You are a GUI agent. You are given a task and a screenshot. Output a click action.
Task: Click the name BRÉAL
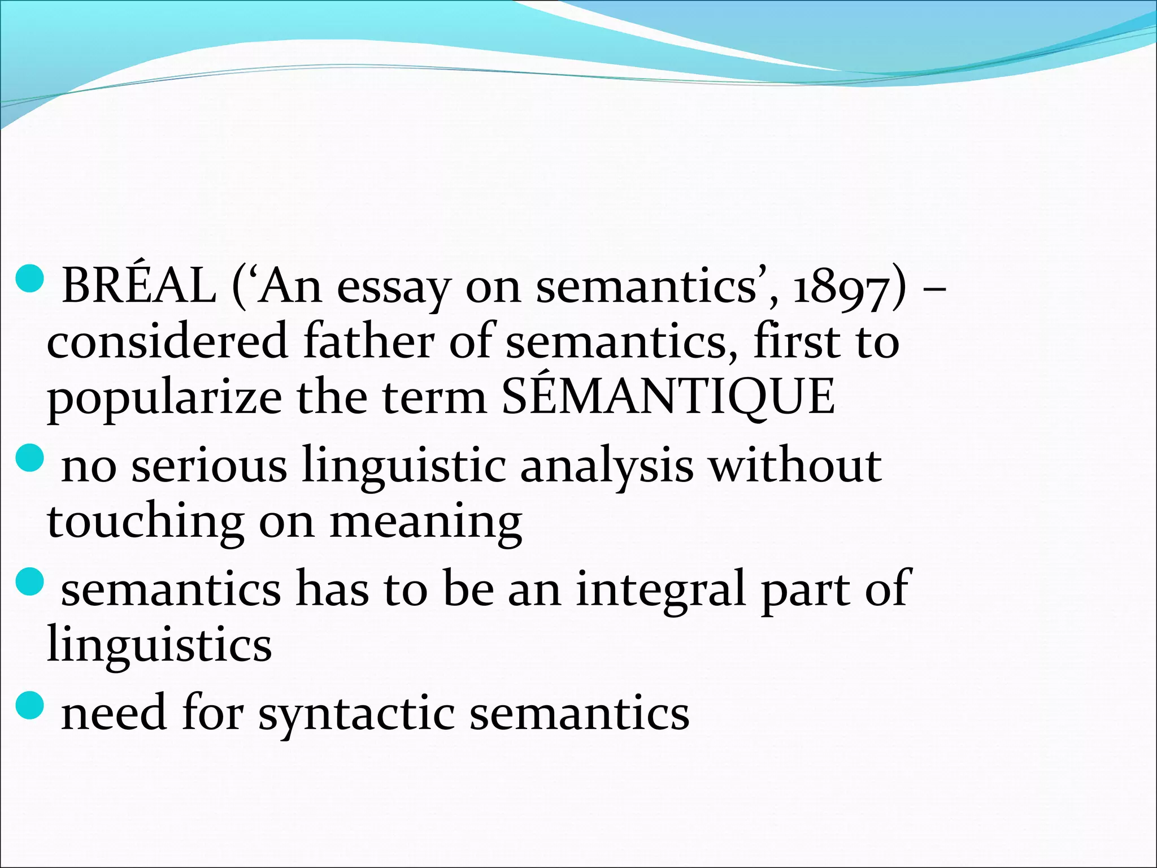pyautogui.click(x=139, y=286)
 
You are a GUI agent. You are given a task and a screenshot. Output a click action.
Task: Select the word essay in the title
pyautogui.click(x=393, y=288)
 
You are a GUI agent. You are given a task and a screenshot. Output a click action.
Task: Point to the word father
pyautogui.click(x=368, y=341)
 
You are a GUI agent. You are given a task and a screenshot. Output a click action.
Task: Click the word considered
pyautogui.click(x=167, y=341)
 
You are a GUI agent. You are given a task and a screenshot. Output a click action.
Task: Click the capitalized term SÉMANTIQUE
pyautogui.click(x=668, y=396)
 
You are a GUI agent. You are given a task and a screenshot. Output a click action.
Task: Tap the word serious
pyautogui.click(x=209, y=466)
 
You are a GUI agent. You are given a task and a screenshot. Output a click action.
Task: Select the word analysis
pyautogui.click(x=606, y=467)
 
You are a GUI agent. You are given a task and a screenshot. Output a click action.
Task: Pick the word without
pyautogui.click(x=795, y=465)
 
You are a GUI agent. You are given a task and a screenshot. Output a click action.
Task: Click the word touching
pyautogui.click(x=146, y=522)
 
